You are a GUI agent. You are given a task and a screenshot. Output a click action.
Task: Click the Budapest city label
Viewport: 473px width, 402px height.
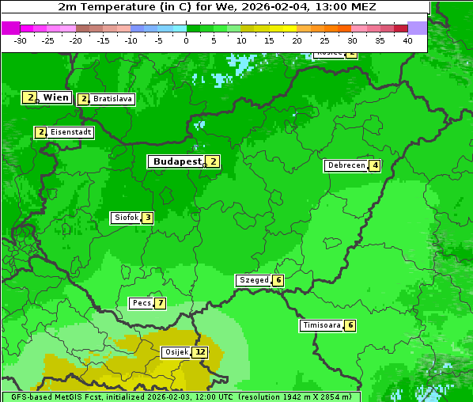[177, 161]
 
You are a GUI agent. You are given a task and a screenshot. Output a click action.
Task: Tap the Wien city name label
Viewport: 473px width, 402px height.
[55, 97]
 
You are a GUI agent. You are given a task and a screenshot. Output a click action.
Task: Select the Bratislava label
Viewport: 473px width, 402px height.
[112, 99]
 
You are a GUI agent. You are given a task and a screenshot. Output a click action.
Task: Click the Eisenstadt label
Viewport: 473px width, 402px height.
[70, 132]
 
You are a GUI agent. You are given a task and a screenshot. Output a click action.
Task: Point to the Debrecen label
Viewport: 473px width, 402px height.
[346, 165]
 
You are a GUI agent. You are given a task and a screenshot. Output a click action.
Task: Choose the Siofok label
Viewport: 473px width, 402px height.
[126, 218]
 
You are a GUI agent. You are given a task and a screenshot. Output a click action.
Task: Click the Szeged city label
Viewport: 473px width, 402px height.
[253, 280]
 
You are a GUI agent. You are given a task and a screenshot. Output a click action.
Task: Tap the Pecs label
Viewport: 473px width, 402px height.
[142, 303]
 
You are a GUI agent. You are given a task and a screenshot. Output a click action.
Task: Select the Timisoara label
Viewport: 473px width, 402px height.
[322, 325]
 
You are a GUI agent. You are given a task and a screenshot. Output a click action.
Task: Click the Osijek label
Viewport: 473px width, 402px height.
[176, 352]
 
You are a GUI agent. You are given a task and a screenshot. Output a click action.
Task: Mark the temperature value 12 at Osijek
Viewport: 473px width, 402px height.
[200, 352]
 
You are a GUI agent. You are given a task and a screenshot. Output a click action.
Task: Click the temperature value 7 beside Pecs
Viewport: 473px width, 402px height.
[160, 303]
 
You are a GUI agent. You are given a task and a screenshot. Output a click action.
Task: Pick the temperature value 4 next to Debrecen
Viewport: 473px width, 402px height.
[375, 165]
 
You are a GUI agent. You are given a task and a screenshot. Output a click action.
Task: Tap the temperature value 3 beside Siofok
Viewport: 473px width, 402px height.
[147, 218]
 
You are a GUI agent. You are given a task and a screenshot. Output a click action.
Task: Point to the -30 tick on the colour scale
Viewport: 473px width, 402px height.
[21, 40]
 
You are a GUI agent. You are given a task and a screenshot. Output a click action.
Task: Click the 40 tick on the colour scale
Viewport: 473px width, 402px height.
[407, 40]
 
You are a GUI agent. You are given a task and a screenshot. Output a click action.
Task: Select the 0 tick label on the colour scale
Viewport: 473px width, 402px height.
[187, 40]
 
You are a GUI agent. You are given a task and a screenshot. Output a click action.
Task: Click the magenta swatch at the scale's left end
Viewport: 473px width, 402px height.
[10, 28]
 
